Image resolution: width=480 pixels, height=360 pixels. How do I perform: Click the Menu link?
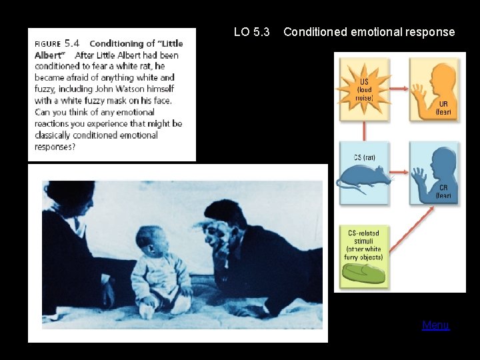[x=435, y=325]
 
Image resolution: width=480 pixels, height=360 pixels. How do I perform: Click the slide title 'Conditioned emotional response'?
[x=369, y=32]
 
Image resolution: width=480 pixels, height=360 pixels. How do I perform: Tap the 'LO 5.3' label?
[x=252, y=32]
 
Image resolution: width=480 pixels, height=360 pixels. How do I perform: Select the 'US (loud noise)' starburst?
[x=365, y=89]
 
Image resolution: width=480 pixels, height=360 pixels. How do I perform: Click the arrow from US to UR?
[x=399, y=85]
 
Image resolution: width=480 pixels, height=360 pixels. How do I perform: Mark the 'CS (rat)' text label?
[x=365, y=157]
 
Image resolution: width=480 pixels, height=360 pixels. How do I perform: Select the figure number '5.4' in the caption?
[x=73, y=43]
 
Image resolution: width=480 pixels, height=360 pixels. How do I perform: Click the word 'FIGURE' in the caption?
[x=47, y=44]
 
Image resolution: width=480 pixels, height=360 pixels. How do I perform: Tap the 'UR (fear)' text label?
[x=443, y=108]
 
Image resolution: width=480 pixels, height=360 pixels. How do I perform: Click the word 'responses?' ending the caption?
[x=55, y=146]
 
